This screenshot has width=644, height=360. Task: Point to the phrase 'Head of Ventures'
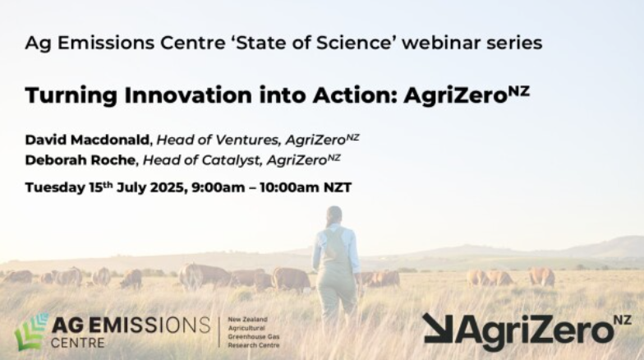[x=210, y=139]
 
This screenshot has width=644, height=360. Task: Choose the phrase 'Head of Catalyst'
[x=198, y=159]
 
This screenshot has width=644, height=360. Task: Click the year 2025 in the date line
[x=165, y=187]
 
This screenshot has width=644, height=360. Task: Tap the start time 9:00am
[x=218, y=187]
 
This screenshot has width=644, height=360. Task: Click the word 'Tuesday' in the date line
[x=56, y=187]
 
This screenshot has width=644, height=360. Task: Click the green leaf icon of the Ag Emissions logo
[x=31, y=331]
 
